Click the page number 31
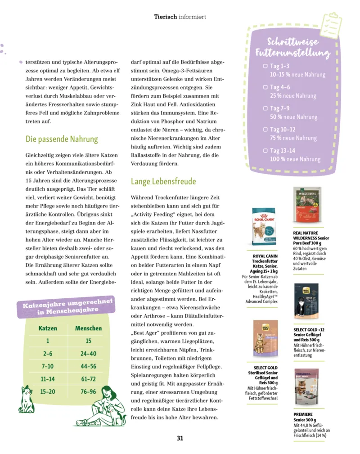pyautogui.click(x=180, y=438)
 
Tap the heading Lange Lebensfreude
pyautogui.click(x=163, y=181)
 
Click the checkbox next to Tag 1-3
pyautogui.click(x=265, y=66)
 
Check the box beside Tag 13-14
pyautogui.click(x=265, y=151)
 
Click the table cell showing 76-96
pyautogui.click(x=88, y=391)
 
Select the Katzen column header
pyautogui.click(x=48, y=328)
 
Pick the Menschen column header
pyautogui.click(x=88, y=328)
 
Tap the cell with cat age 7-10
pyautogui.click(x=48, y=366)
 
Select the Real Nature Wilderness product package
pyautogui.click(x=307, y=208)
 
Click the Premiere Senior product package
pyautogui.click(x=306, y=388)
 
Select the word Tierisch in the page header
pyautogui.click(x=165, y=17)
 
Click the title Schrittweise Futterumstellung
pyautogui.click(x=292, y=48)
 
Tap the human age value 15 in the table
pyautogui.click(x=88, y=341)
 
